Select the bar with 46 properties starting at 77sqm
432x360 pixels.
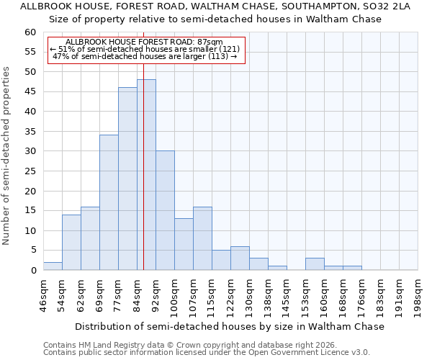tap(127, 179)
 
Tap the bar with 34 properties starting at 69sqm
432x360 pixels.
tap(109, 202)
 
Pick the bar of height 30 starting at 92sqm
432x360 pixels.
tap(165, 210)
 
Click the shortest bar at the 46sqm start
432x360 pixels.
tap(53, 266)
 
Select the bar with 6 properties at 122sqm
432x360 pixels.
tap(240, 258)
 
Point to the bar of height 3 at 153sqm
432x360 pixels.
tap(315, 264)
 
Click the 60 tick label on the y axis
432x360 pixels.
tap(30, 32)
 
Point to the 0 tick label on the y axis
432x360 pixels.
tap(32, 271)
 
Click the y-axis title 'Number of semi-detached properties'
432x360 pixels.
tap(7, 156)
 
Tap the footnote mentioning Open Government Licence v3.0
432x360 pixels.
tap(206, 353)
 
